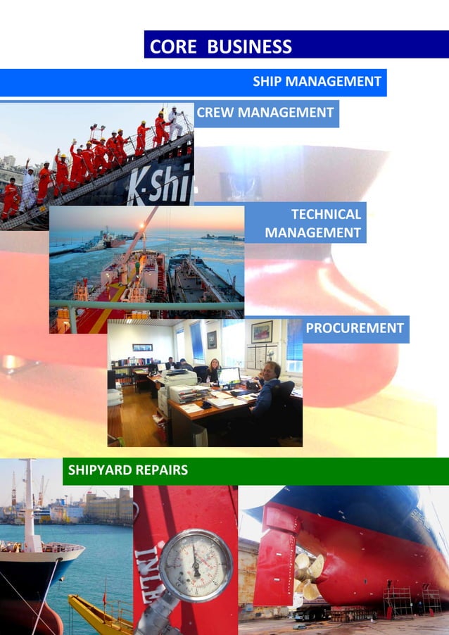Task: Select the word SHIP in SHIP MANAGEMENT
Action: pos(268,82)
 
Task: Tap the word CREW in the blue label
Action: pos(216,113)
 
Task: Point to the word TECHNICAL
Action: pos(326,215)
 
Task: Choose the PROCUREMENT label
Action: pos(355,328)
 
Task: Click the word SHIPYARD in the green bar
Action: pos(99,470)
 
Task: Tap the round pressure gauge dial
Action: pos(195,564)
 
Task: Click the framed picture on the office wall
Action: pos(261,331)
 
